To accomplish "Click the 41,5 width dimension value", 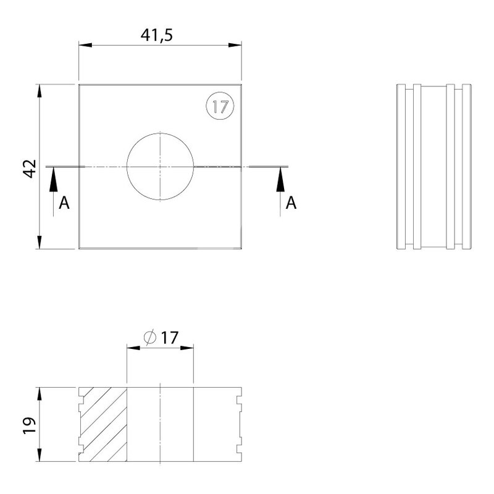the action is [x=157, y=35].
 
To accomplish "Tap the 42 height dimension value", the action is [x=30, y=169].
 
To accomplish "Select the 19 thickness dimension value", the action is [x=30, y=426].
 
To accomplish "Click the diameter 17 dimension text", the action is [x=161, y=338].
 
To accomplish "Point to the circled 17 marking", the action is [x=220, y=106].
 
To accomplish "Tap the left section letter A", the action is [x=64, y=203].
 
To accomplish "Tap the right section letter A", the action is [x=291, y=203].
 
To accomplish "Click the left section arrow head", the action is [x=53, y=179].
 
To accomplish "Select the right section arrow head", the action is [x=280, y=179].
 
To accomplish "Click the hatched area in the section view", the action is [x=104, y=425].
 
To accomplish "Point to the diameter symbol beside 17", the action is [x=150, y=337].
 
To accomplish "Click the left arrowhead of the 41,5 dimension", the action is [x=85, y=45].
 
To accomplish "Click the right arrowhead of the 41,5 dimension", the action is [x=235, y=45].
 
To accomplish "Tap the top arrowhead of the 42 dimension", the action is [x=40, y=91].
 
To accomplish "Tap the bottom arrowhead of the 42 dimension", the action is [x=40, y=242].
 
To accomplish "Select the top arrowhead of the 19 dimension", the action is [x=40, y=394].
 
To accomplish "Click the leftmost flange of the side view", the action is [x=401, y=167].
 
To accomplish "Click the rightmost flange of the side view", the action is [x=467, y=167].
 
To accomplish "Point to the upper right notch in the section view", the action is [x=239, y=400].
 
